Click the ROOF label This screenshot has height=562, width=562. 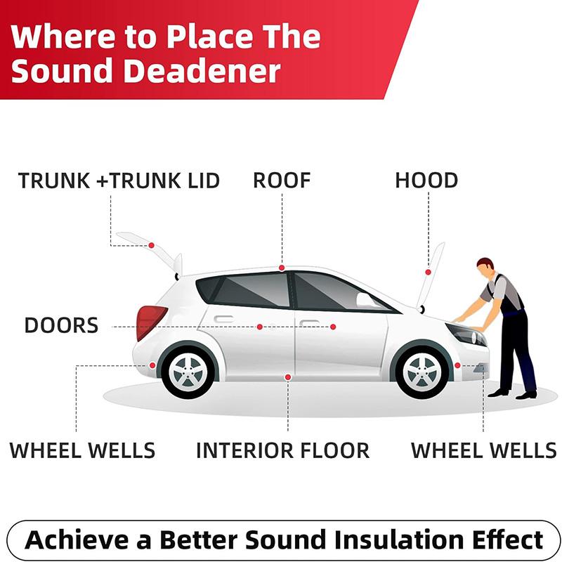pos(282,181)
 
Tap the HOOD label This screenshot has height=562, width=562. pos(426,181)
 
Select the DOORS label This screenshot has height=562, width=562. pos(61,325)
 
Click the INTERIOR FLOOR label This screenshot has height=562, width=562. pos(283,450)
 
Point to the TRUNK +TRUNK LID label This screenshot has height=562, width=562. pos(119,181)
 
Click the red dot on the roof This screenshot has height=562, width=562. pos(282,268)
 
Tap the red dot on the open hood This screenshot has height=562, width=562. pos(428,273)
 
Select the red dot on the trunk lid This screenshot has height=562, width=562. pos(152,245)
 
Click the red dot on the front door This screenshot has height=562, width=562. pos(333,327)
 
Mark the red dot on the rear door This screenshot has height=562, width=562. pos(260,327)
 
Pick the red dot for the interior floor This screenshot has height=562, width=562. pos(288,377)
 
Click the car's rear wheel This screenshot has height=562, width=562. pos(188,372)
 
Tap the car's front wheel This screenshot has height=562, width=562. pos(423,372)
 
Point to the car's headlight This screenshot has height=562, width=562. pos(465,334)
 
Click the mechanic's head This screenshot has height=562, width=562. pos(485,266)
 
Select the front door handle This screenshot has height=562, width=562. pos(309,323)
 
